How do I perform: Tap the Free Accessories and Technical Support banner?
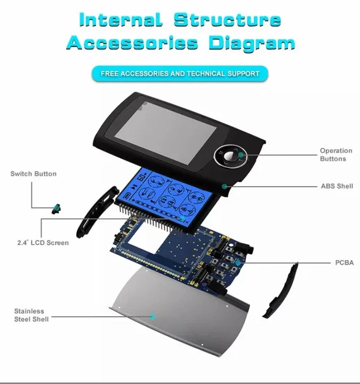[180, 74]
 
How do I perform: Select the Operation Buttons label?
[336, 155]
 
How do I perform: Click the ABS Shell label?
[337, 186]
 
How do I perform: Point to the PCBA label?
[344, 263]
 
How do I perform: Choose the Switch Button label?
[33, 174]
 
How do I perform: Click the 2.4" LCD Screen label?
[43, 243]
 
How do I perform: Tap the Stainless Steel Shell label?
[31, 315]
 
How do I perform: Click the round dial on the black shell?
[231, 156]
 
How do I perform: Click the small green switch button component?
[54, 209]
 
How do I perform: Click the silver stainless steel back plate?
[176, 315]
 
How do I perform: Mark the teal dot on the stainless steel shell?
[153, 316]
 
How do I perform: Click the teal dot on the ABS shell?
[225, 186]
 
